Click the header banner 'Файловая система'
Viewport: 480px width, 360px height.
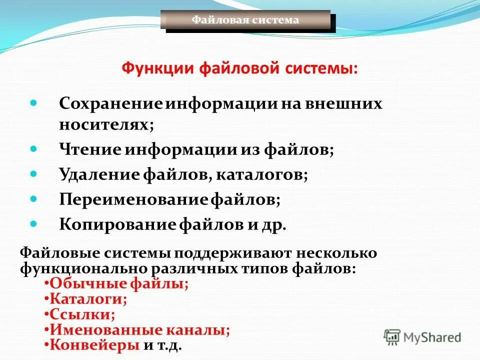tap(245, 20)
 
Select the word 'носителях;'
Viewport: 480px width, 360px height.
tap(106, 124)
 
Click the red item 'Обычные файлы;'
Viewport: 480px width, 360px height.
tap(119, 284)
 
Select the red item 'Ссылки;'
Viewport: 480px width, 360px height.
tap(82, 314)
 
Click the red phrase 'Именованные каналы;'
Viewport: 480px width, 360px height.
tap(140, 330)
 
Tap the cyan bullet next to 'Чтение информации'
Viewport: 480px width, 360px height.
tap(34, 149)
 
